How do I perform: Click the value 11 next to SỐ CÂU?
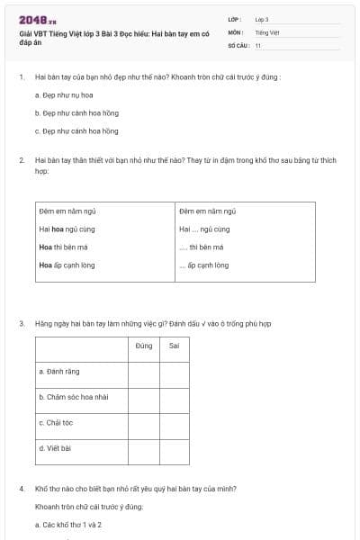click(258, 45)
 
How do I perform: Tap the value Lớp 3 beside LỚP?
click(262, 19)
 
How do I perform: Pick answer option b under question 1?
click(76, 112)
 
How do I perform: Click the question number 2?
click(21, 159)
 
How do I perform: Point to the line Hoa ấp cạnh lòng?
click(67, 265)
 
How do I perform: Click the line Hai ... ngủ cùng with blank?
click(204, 229)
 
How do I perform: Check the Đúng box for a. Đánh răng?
click(144, 371)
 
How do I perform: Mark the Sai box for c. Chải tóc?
click(175, 421)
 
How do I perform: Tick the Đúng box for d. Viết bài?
click(144, 447)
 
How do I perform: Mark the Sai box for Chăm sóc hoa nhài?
click(175, 396)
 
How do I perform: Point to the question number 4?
click(21, 489)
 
